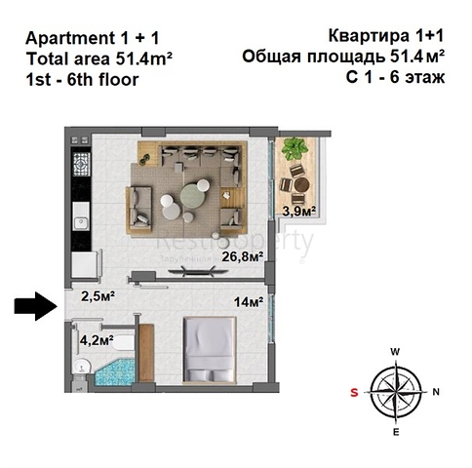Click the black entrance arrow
pos(36,306)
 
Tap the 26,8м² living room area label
pos(243,256)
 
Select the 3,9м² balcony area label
pos(299,212)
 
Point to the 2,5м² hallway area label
pos(98,296)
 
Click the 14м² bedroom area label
pos(249,302)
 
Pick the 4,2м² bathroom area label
pos(97,340)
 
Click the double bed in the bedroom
pos(210,349)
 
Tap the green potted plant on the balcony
pos(295,148)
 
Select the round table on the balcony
pos(301,184)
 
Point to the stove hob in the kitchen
pos(81,164)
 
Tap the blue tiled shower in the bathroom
pos(115,372)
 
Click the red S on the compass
pos(354,392)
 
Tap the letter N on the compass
pos(436,392)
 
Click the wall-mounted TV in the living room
pos(192,271)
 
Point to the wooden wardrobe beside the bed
pos(146,353)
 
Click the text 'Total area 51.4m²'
pos(98,58)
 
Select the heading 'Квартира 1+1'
pos(386,36)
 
